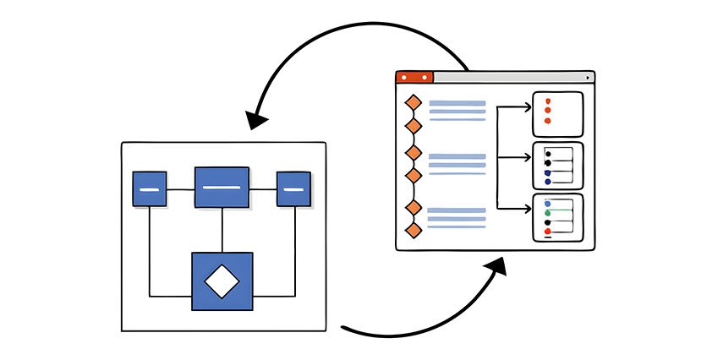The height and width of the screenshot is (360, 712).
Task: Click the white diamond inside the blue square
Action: (222, 281)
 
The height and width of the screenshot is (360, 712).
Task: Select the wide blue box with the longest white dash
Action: (222, 187)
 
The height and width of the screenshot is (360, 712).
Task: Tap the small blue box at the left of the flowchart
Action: (150, 188)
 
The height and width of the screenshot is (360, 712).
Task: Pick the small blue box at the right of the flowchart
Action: (293, 188)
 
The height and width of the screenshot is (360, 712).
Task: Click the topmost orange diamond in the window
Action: (414, 103)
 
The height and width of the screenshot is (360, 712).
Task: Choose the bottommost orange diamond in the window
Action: (414, 230)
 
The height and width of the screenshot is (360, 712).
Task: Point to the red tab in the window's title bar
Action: (414, 77)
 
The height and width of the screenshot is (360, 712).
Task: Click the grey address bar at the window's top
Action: (507, 77)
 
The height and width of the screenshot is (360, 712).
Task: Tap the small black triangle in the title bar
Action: (587, 78)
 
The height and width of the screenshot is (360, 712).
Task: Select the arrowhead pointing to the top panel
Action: (527, 106)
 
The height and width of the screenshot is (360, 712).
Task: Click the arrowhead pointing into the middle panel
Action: (527, 157)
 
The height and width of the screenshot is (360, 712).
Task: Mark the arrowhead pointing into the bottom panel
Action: (527, 208)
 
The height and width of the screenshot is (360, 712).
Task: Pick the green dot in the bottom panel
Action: (548, 213)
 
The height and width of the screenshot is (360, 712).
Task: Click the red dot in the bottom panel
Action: (548, 232)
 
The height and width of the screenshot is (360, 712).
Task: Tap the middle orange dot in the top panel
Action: (548, 111)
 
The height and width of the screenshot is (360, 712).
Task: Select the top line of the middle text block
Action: (457, 156)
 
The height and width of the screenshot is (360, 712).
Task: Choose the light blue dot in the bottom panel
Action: (548, 204)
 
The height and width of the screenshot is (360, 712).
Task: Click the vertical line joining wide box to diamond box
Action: (222, 230)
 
